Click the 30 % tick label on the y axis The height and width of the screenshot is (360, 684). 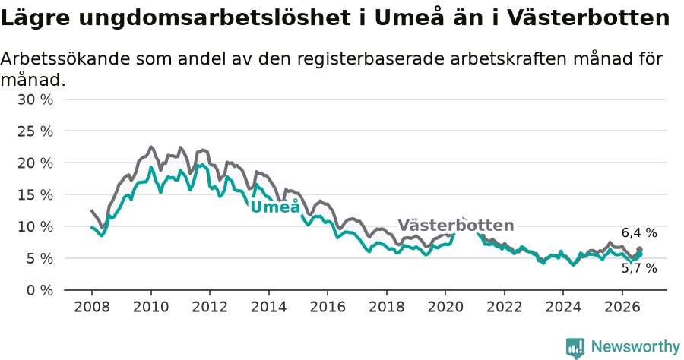(35, 99)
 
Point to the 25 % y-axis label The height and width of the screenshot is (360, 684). (35, 131)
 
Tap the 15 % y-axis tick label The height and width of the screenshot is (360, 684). (35, 195)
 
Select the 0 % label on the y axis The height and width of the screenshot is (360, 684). (40, 290)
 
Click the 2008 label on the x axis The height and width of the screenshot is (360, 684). (92, 307)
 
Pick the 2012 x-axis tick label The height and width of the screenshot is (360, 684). (210, 307)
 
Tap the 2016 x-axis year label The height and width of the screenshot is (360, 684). (328, 307)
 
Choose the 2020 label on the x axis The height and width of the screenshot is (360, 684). (445, 307)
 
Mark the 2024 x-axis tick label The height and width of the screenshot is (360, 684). (563, 307)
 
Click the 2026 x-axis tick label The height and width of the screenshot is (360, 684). (622, 307)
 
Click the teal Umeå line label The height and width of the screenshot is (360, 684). (276, 206)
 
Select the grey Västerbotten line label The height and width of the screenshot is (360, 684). (456, 225)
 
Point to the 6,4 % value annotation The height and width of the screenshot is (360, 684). (639, 232)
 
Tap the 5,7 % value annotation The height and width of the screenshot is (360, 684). (639, 268)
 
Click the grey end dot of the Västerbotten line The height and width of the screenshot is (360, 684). (639, 249)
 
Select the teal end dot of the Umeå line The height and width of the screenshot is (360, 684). (639, 254)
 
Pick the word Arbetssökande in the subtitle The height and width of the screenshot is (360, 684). (65, 58)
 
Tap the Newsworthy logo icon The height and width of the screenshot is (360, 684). (575, 348)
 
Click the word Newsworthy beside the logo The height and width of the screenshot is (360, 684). (635, 347)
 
